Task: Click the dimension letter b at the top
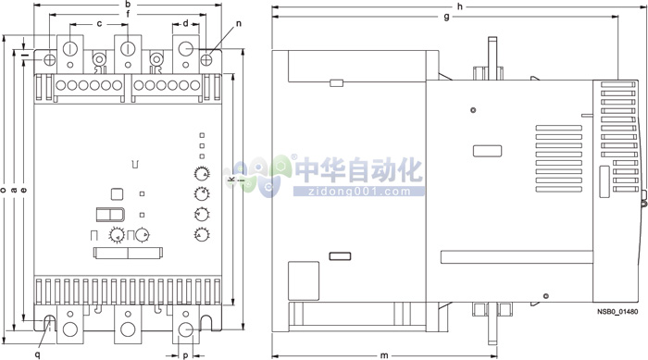127,6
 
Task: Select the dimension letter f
127,15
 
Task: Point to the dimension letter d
185,23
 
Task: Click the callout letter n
240,22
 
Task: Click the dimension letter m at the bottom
383,354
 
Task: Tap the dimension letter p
185,354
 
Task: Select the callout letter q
38,354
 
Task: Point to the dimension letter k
231,178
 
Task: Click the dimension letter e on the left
23,190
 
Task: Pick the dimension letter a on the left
14,190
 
